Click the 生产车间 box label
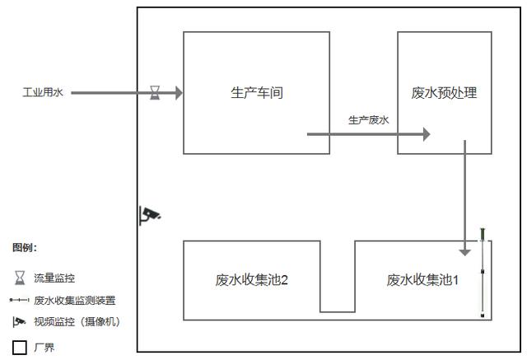click(x=256, y=93)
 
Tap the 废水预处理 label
click(x=444, y=93)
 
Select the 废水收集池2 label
click(x=251, y=280)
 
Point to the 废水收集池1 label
click(x=422, y=280)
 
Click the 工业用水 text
click(x=42, y=93)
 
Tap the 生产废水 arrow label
click(x=368, y=121)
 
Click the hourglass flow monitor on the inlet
click(x=155, y=92)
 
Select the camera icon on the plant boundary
click(x=149, y=215)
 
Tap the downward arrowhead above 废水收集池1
click(x=465, y=250)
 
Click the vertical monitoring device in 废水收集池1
click(x=483, y=272)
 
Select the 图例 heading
click(x=25, y=247)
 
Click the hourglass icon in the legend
click(x=20, y=278)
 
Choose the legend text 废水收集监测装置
click(x=74, y=301)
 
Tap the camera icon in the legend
click(x=20, y=321)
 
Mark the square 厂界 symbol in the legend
click(x=20, y=348)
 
